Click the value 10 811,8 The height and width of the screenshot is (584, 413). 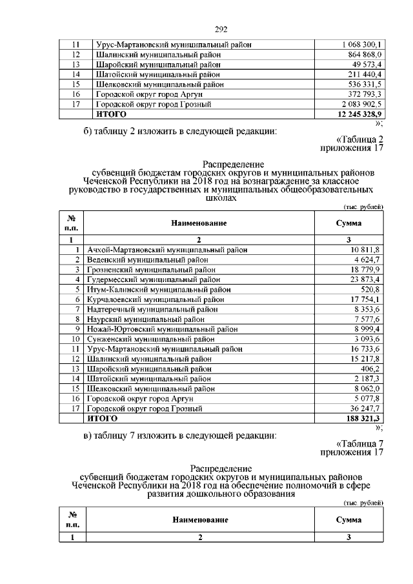(x=367, y=249)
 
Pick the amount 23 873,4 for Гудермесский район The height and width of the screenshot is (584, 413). (x=367, y=279)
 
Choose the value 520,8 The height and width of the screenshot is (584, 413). (x=371, y=289)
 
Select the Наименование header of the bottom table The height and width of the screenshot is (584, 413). (x=199, y=519)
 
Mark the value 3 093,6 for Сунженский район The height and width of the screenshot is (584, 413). (x=368, y=339)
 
